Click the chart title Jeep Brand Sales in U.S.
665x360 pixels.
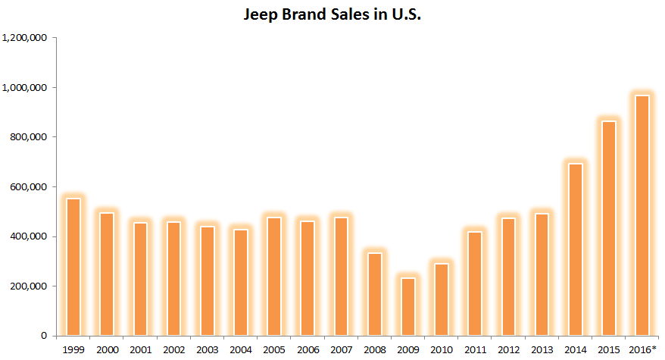332,15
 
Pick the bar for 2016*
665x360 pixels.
642,215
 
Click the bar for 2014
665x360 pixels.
575,250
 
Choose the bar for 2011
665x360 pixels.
474,283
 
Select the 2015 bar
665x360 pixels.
608,228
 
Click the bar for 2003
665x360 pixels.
207,281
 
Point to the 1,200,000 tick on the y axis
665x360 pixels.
27,38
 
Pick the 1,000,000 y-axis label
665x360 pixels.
27,88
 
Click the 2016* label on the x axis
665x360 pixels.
642,349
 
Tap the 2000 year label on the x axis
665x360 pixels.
107,349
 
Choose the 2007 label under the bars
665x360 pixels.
340,349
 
